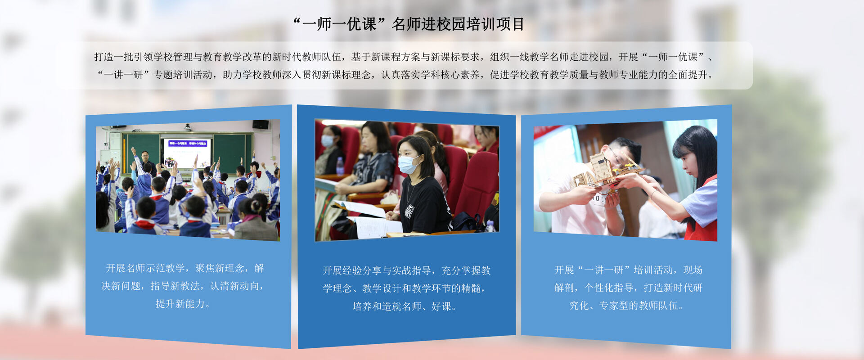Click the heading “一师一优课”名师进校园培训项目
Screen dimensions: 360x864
pyautogui.click(x=409, y=24)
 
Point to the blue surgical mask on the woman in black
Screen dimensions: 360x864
pyautogui.click(x=407, y=165)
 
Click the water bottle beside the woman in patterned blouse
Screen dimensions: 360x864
pyautogui.click(x=340, y=166)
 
